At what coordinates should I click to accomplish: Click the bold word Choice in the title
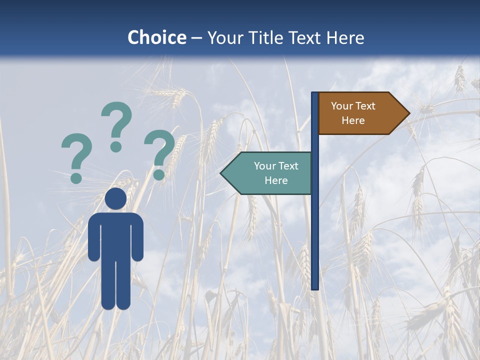pyautogui.click(x=156, y=37)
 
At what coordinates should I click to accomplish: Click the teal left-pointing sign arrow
pyautogui.click(x=267, y=173)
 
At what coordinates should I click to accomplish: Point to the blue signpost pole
pyautogui.click(x=315, y=225)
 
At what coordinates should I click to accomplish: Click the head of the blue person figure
pyautogui.click(x=115, y=198)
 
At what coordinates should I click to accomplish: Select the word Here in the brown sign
pyautogui.click(x=353, y=120)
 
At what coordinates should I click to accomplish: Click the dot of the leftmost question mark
pyautogui.click(x=76, y=177)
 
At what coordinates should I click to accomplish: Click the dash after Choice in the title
pyautogui.click(x=196, y=38)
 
